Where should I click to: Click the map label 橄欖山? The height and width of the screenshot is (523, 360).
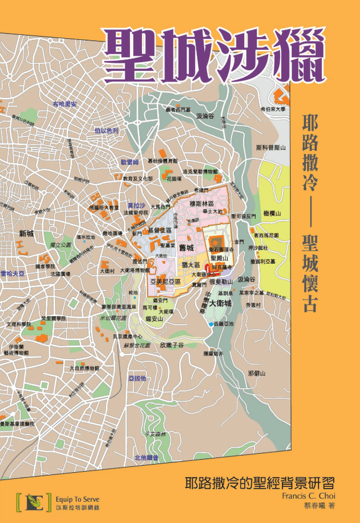point(271,213)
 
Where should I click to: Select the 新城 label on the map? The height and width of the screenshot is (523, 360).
point(26,234)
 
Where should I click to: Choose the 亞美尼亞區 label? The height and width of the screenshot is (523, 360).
point(164,281)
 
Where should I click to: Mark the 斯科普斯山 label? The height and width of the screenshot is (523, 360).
point(271,147)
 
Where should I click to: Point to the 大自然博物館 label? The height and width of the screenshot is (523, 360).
point(84,369)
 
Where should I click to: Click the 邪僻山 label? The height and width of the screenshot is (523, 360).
point(256,373)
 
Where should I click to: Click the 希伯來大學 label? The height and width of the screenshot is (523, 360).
point(273,109)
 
